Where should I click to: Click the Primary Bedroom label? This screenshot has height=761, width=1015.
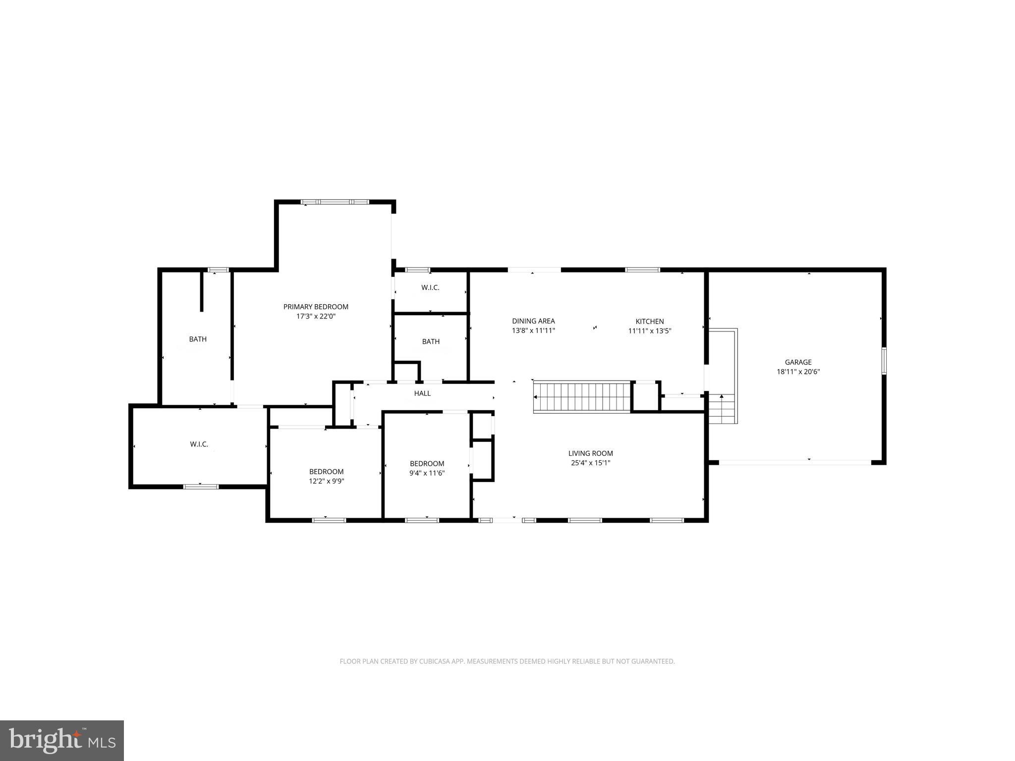pyautogui.click(x=316, y=307)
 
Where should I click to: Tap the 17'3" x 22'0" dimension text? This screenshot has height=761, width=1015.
pyautogui.click(x=316, y=316)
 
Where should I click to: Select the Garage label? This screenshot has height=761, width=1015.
pyautogui.click(x=798, y=362)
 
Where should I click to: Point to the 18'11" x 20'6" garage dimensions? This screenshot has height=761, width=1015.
pyautogui.click(x=798, y=372)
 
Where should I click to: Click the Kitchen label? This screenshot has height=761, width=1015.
pyautogui.click(x=649, y=322)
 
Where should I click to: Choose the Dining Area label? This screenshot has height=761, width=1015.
pyautogui.click(x=533, y=321)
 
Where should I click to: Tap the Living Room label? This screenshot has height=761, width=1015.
pyautogui.click(x=590, y=453)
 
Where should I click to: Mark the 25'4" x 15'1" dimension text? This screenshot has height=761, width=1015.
pyautogui.click(x=590, y=463)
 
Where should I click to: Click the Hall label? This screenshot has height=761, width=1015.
pyautogui.click(x=422, y=393)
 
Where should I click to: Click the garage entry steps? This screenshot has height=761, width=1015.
pyautogui.click(x=722, y=408)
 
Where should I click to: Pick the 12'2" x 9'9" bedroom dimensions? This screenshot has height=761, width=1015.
pyautogui.click(x=326, y=481)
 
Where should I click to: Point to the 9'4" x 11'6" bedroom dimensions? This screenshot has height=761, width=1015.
pyautogui.click(x=427, y=473)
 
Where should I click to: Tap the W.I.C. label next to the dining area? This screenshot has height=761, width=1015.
pyautogui.click(x=430, y=288)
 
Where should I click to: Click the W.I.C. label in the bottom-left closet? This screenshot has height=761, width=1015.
pyautogui.click(x=199, y=444)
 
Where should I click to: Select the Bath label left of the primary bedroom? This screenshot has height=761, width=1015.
pyautogui.click(x=198, y=339)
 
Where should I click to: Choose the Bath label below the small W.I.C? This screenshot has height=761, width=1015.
pyautogui.click(x=431, y=341)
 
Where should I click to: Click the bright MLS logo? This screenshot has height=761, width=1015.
pyautogui.click(x=62, y=741)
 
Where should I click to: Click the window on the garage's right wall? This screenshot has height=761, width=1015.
pyautogui.click(x=884, y=361)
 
